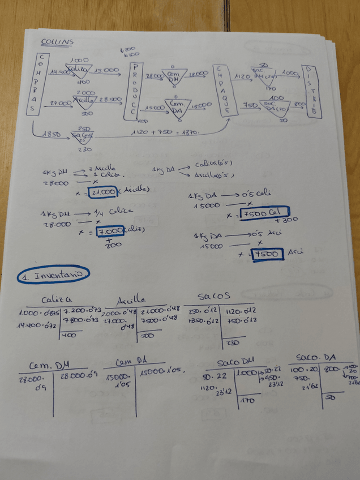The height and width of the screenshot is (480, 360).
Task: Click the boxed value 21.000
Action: pos(102,192)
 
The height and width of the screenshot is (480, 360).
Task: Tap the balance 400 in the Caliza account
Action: pos(70,335)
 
